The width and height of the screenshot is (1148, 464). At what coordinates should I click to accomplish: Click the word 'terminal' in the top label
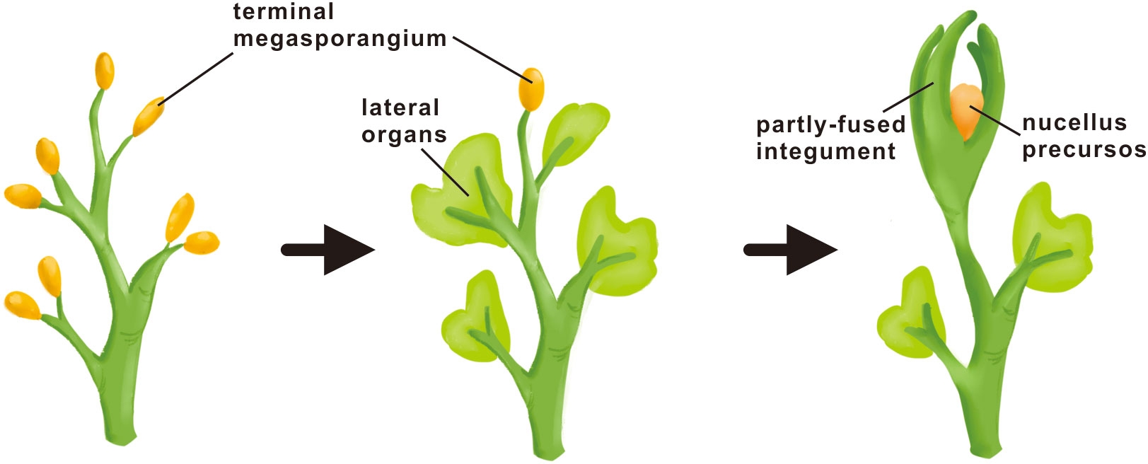pyautogui.click(x=283, y=12)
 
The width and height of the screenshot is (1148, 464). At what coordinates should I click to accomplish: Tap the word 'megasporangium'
pyautogui.click(x=340, y=38)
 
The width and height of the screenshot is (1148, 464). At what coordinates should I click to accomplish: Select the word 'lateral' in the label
pyautogui.click(x=400, y=108)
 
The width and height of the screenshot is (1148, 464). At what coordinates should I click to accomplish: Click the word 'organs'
pyautogui.click(x=404, y=134)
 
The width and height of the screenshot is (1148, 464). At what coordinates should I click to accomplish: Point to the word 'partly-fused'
pyautogui.click(x=830, y=125)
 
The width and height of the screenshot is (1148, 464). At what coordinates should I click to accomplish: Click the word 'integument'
pyautogui.click(x=825, y=151)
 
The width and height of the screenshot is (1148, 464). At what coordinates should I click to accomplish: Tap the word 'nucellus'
pyautogui.click(x=1074, y=123)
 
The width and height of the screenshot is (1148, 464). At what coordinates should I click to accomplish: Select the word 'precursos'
pyautogui.click(x=1084, y=150)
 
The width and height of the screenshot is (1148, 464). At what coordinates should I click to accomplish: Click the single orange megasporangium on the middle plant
pyautogui.click(x=531, y=88)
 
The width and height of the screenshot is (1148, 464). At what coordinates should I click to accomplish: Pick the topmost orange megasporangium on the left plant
pyautogui.click(x=105, y=71)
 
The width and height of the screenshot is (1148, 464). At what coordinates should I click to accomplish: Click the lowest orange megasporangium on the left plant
pyautogui.click(x=22, y=305)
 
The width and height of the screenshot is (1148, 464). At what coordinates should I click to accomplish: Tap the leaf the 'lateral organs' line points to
pyautogui.click(x=460, y=191)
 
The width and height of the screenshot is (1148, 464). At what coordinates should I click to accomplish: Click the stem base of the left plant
pyautogui.click(x=120, y=424)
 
